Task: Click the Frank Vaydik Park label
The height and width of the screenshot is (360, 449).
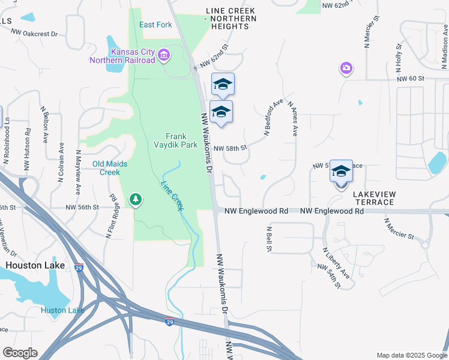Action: (x=181, y=140)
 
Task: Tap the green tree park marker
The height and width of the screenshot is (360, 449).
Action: (x=136, y=199)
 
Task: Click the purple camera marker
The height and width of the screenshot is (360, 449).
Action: (x=346, y=68)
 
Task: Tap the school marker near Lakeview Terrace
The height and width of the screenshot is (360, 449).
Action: (x=341, y=172)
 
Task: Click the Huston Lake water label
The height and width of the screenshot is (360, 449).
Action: (x=62, y=310)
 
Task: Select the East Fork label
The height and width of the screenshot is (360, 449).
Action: (x=155, y=25)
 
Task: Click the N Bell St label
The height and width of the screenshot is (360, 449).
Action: (x=270, y=239)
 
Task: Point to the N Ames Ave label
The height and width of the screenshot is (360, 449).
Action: (x=293, y=118)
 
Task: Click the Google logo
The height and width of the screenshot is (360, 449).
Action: (x=20, y=353)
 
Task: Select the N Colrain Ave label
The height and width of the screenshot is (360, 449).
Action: (x=61, y=162)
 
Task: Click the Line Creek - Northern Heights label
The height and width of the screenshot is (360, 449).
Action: (x=231, y=15)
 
